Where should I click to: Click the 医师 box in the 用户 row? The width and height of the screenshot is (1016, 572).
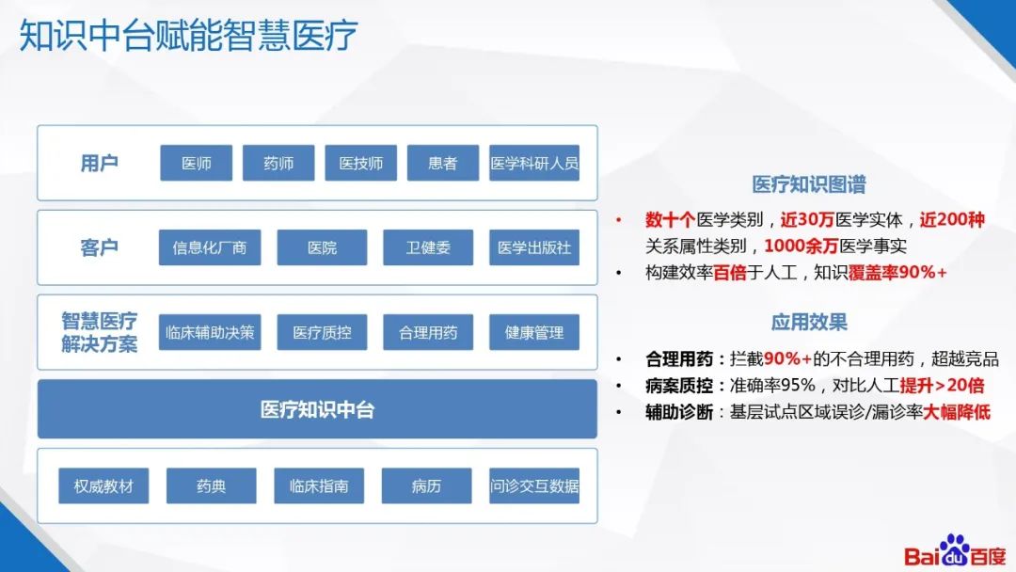[x=196, y=163]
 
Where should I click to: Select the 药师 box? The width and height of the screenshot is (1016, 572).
[x=278, y=163]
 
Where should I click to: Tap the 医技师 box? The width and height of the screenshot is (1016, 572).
[x=360, y=163]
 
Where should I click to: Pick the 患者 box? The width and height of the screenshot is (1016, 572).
[x=442, y=163]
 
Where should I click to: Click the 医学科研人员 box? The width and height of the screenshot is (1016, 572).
[x=534, y=163]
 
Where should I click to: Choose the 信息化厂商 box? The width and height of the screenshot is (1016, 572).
[x=209, y=247]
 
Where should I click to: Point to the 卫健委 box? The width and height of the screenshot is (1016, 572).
[x=427, y=247]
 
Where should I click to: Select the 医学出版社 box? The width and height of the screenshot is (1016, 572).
[x=534, y=247]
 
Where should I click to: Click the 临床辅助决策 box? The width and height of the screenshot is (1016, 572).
[x=209, y=332]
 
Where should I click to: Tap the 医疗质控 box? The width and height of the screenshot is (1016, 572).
[x=321, y=332]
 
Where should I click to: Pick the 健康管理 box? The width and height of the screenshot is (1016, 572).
[x=534, y=332]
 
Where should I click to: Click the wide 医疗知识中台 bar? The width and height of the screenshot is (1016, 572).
[x=317, y=409]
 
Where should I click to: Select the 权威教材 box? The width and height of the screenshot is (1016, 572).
[x=103, y=485]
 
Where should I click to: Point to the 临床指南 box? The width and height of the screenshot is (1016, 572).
[x=319, y=485]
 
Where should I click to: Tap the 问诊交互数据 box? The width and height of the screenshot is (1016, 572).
[x=534, y=485]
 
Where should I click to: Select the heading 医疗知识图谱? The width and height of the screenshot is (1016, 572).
[x=808, y=184]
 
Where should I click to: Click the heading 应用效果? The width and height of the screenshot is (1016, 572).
[x=808, y=322]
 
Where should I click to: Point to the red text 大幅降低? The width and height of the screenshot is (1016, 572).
[x=956, y=412]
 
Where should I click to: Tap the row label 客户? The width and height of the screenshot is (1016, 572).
[x=99, y=248]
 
